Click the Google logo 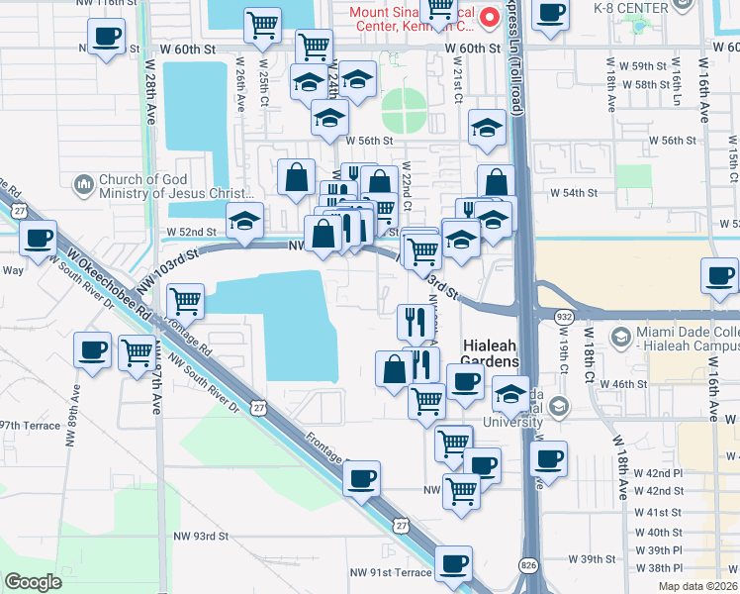(34, 581)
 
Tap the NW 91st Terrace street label (391, 572)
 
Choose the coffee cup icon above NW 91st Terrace (454, 564)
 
